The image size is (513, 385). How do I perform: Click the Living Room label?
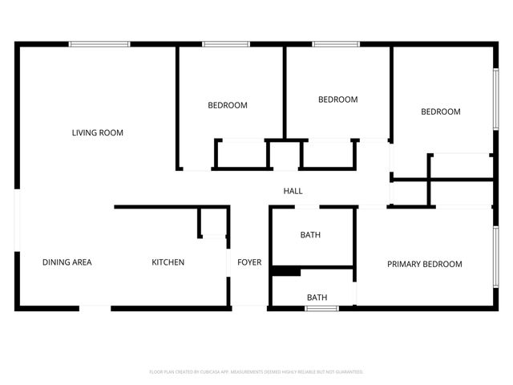(x=98, y=132)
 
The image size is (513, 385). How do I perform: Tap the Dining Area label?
(x=67, y=262)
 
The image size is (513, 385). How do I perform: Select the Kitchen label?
(x=168, y=262)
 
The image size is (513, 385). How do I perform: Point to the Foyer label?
(x=249, y=262)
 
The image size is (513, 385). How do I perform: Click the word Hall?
(x=293, y=191)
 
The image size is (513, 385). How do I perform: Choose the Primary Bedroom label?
(x=425, y=264)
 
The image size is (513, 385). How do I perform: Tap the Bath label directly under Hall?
(x=310, y=235)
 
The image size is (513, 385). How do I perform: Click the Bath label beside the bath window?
(x=317, y=298)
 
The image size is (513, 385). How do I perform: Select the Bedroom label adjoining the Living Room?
(x=228, y=105)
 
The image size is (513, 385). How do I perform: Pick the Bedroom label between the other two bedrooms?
(x=337, y=99)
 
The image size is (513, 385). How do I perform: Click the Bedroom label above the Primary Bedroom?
(x=441, y=111)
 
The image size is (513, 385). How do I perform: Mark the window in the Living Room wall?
(x=99, y=44)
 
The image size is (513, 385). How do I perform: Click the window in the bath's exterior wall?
(x=317, y=307)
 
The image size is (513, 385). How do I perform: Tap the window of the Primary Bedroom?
(x=496, y=261)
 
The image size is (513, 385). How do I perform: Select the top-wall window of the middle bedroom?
(x=336, y=44)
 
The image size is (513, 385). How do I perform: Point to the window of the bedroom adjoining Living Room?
(x=226, y=44)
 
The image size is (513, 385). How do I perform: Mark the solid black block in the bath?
(x=285, y=271)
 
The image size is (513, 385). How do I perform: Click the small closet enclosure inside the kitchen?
(x=212, y=222)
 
